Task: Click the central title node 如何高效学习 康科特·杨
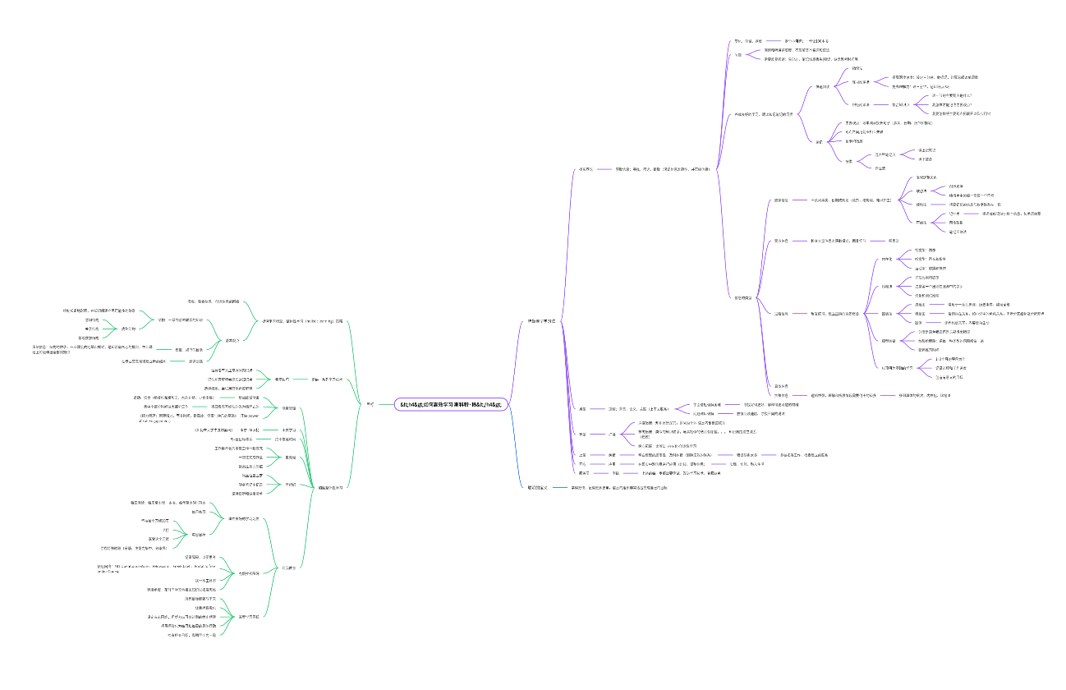point(454,405)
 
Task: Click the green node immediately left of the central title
point(370,403)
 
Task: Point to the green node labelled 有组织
point(290,484)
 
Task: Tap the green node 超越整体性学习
point(330,486)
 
